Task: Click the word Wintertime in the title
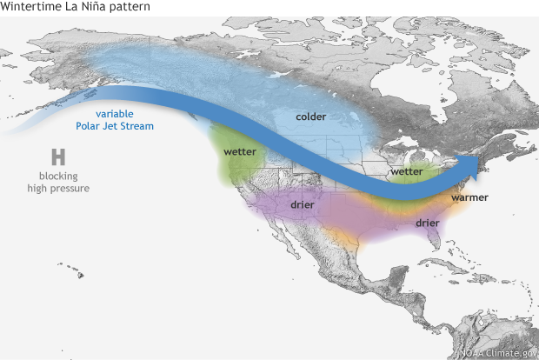pyautogui.click(x=32, y=8)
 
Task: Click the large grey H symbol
pyautogui.click(x=58, y=157)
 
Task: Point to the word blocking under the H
pyautogui.click(x=58, y=176)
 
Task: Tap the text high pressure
pyautogui.click(x=58, y=188)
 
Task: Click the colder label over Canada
pyautogui.click(x=310, y=117)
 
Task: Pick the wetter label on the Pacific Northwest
pyautogui.click(x=239, y=151)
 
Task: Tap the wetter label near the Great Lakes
pyautogui.click(x=407, y=171)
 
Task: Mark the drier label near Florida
pyautogui.click(x=427, y=223)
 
